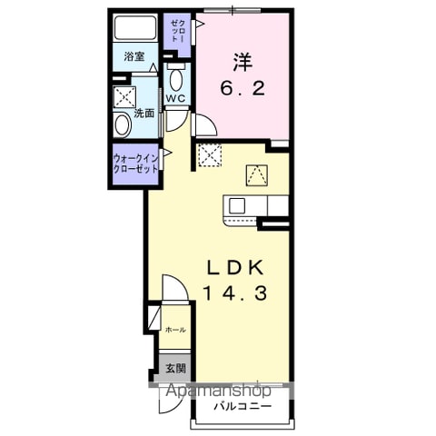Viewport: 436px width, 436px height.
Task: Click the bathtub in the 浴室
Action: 135,27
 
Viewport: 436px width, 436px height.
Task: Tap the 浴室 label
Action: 134,56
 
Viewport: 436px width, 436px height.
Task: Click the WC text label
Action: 175,98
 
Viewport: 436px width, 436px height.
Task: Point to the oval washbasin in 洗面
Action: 122,124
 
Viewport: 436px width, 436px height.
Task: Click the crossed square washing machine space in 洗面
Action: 124,97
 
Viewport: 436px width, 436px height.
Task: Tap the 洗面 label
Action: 144,114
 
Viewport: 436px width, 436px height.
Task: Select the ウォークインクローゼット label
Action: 135,163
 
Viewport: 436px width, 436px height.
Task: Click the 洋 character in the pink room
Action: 243,62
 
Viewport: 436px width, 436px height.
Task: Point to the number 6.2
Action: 243,89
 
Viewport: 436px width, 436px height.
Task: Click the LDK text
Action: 235,268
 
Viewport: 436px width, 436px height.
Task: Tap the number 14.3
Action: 235,293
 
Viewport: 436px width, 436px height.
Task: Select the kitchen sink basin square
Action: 237,206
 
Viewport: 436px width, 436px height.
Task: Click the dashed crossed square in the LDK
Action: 210,155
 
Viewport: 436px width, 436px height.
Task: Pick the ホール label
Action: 175,330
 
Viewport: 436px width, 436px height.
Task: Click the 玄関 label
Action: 175,369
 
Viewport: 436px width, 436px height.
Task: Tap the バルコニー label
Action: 243,406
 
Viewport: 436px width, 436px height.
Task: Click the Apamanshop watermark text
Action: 219,391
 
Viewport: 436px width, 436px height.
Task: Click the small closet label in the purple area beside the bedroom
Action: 178,31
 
